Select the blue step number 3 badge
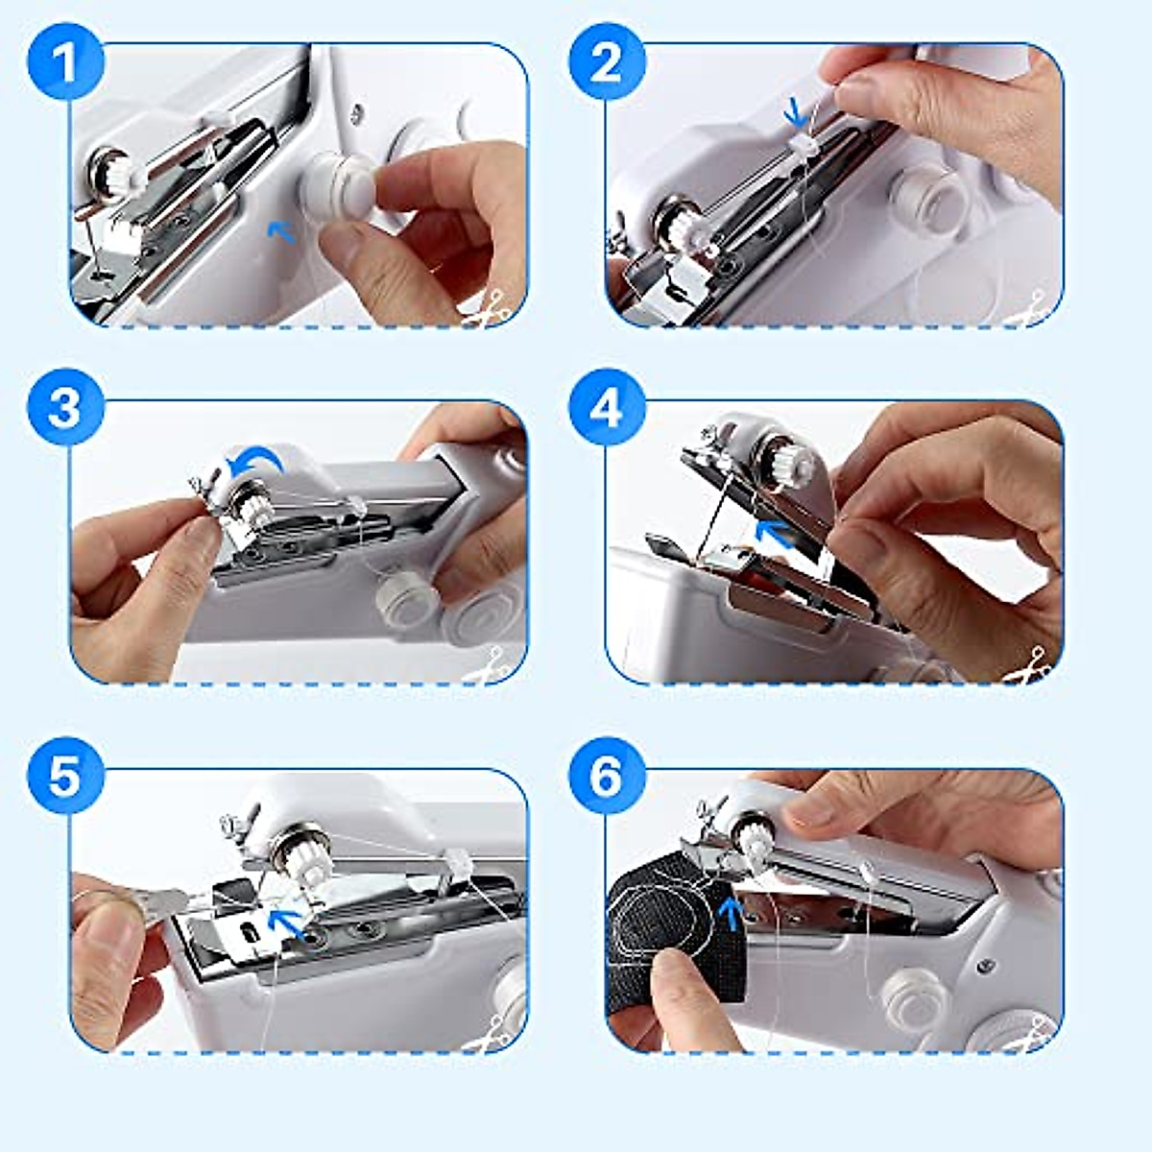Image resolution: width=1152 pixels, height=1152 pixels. tap(64, 408)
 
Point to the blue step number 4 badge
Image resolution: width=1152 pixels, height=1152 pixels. tap(606, 408)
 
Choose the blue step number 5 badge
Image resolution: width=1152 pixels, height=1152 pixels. tap(64, 775)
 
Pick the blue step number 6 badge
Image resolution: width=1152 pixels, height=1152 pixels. tap(606, 775)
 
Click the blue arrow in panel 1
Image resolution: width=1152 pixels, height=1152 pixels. tap(279, 231)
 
